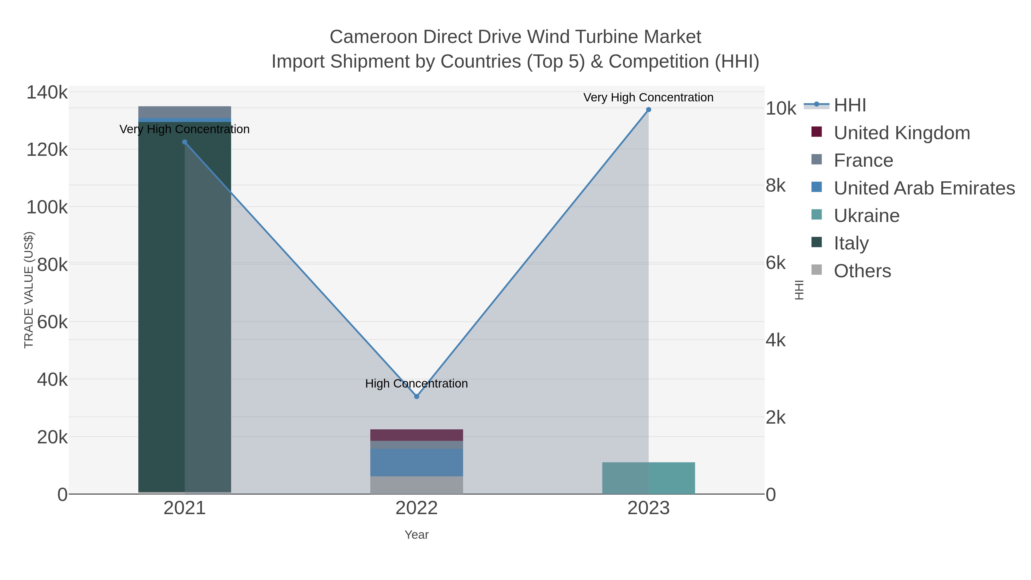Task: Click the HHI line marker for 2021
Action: (184, 142)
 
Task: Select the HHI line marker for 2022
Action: (416, 396)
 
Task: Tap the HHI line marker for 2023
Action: (648, 110)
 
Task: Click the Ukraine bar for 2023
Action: (648, 478)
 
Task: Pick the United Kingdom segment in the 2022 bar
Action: (416, 435)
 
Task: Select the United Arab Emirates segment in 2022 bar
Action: (416, 462)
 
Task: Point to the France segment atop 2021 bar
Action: (184, 112)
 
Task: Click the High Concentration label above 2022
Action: (416, 384)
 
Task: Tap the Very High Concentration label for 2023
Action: (648, 97)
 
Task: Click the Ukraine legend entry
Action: (867, 215)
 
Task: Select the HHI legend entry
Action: (850, 105)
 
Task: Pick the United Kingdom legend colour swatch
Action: (816, 132)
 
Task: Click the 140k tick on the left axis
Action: (47, 93)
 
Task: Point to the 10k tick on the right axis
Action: (780, 109)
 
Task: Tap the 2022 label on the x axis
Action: (416, 508)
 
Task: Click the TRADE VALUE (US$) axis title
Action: (29, 290)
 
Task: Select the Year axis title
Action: (416, 535)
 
